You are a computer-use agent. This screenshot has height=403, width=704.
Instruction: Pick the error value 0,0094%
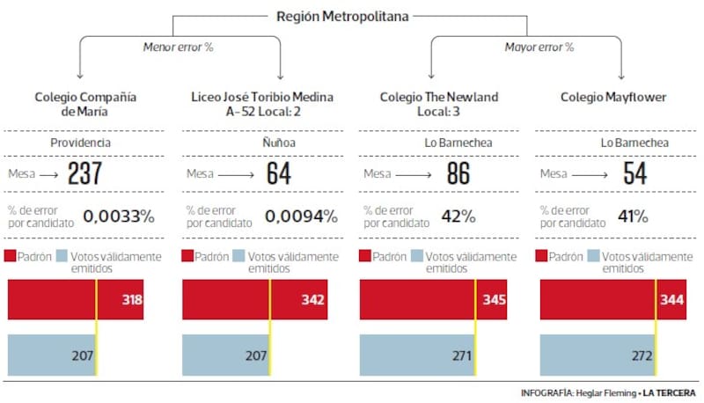pos(300,216)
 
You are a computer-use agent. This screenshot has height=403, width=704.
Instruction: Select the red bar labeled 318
pos(75,300)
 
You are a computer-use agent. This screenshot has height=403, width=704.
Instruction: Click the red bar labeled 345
pos(431,300)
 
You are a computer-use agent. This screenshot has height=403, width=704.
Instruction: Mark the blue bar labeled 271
pos(418,355)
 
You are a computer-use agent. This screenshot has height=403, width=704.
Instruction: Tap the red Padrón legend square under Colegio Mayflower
pos(541,257)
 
